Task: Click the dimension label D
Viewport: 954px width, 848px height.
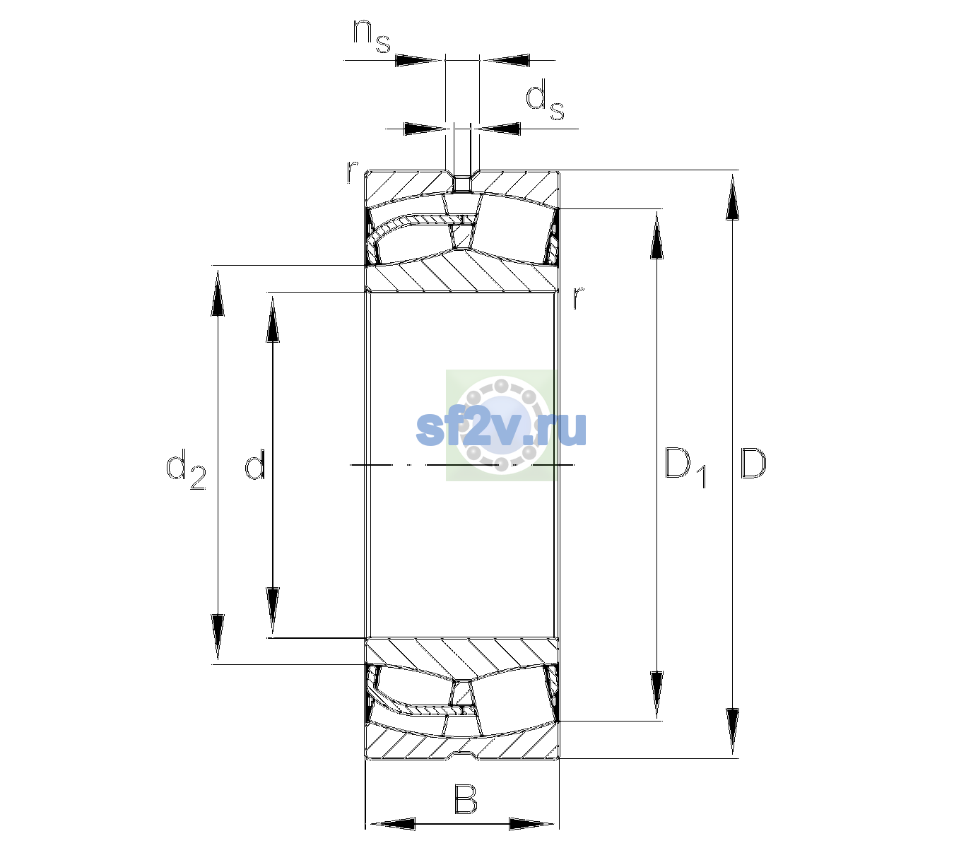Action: click(x=753, y=464)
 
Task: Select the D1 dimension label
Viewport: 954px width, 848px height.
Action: click(x=685, y=468)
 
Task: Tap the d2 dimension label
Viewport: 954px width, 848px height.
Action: click(x=186, y=469)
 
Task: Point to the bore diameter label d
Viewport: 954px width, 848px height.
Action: click(x=254, y=464)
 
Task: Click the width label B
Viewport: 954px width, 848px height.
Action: click(x=465, y=799)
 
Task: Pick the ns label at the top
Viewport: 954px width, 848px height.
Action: click(x=372, y=36)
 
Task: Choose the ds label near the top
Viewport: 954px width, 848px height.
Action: click(x=544, y=100)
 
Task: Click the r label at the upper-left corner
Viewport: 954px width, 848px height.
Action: click(x=352, y=172)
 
